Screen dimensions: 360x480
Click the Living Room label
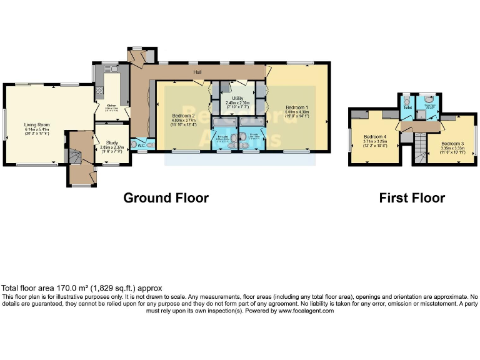pyautogui.click(x=37, y=124)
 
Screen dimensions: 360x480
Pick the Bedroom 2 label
pyautogui.click(x=184, y=116)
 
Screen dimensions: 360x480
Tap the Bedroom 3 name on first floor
pyautogui.click(x=449, y=142)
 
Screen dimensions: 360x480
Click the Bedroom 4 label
pyautogui.click(x=375, y=136)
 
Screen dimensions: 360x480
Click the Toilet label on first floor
pyautogui.click(x=407, y=107)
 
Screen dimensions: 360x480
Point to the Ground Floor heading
pyautogui.click(x=166, y=198)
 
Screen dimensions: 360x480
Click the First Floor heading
pyautogui.click(x=412, y=198)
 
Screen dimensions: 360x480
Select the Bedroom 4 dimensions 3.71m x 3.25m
pyautogui.click(x=375, y=141)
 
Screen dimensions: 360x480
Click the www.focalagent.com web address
pyautogui.click(x=306, y=311)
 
